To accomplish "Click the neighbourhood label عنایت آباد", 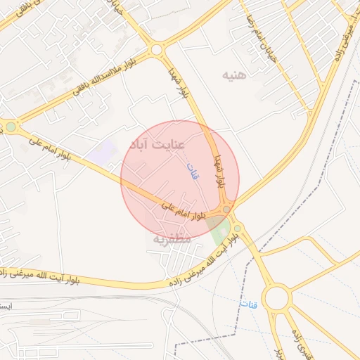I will point(157,145).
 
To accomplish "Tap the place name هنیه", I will point(234,75).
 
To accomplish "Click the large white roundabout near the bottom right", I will point(277,298).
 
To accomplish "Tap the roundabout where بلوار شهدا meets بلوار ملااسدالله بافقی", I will point(156,49).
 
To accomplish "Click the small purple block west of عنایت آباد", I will point(105,149).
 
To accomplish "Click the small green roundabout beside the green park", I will point(237,228).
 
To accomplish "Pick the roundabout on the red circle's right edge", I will point(226,210).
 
